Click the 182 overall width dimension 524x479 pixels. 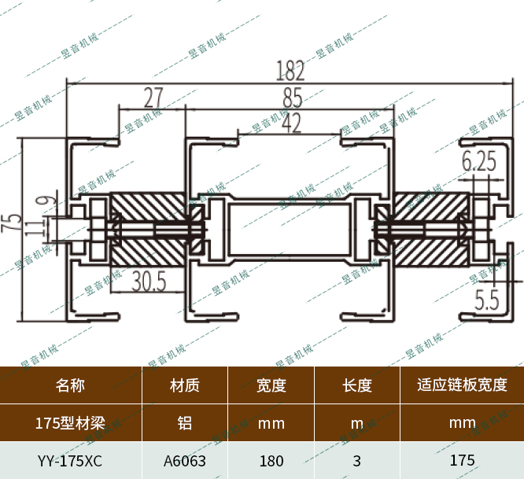(290, 72)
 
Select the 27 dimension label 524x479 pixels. (153, 98)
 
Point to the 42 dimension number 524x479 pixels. (290, 123)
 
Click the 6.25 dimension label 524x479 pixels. (478, 162)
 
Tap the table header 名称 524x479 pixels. (70, 385)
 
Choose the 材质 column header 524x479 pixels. (185, 385)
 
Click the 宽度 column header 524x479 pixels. (271, 385)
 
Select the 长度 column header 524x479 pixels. (357, 385)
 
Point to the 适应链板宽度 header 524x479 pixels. (462, 385)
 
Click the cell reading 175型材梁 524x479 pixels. (70, 423)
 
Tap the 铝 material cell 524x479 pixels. (185, 423)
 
